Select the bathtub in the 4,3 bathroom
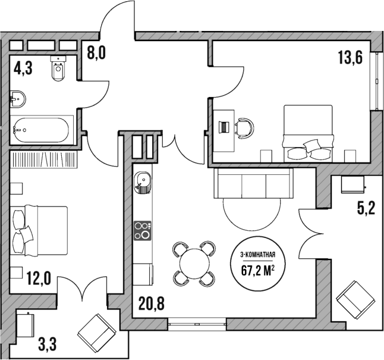pos(42,129)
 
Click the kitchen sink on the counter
pos(143,180)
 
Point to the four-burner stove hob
pos(142,230)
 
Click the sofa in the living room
pos(253,183)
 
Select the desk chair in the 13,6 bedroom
pos(243,127)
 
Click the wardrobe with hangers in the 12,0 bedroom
pos(44,159)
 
